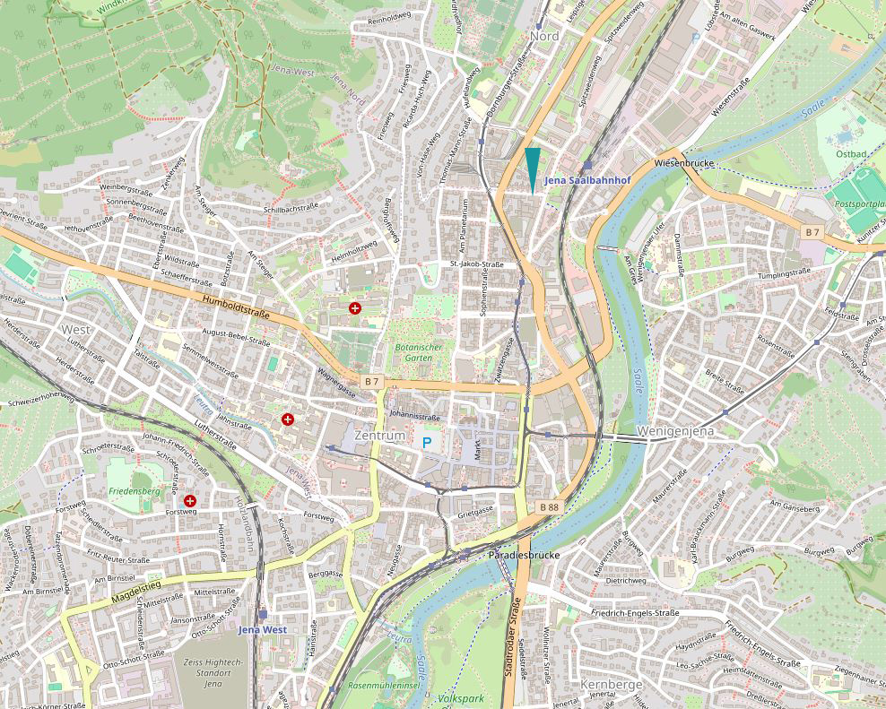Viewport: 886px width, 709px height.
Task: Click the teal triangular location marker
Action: [x=533, y=167]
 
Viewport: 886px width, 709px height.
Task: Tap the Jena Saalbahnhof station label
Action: [x=587, y=180]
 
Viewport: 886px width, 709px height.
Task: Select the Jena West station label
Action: [x=263, y=629]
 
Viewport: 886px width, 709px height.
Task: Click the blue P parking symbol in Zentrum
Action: [x=427, y=443]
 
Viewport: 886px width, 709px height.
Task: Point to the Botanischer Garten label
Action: [x=413, y=351]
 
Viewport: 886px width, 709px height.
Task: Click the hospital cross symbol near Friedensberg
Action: [x=190, y=500]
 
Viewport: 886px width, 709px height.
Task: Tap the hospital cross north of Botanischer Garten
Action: [x=355, y=308]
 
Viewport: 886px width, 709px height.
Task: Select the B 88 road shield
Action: [x=550, y=507]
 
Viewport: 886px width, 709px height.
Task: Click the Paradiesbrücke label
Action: [x=524, y=556]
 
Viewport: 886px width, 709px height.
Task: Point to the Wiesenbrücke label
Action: [x=683, y=164]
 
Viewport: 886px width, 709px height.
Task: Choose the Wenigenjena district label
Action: [x=675, y=432]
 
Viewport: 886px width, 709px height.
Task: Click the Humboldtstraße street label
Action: [x=236, y=307]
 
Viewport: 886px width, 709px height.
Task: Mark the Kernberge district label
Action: [x=612, y=685]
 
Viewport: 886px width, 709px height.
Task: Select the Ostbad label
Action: [x=851, y=154]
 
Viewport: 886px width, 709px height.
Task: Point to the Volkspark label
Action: [x=461, y=697]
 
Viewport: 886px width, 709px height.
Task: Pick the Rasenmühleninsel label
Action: [x=384, y=686]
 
